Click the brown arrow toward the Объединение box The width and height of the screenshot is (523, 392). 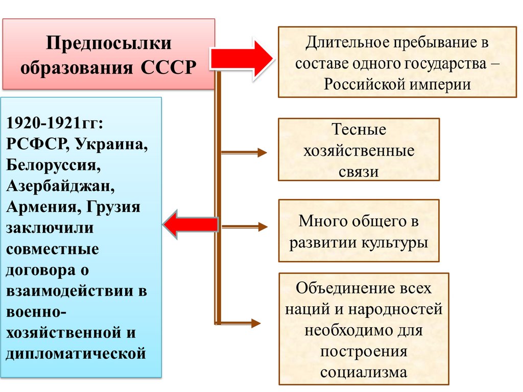(240, 323)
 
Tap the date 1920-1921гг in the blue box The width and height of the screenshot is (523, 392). (55, 122)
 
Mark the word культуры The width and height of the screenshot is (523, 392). (395, 242)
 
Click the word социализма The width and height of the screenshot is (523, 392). (364, 372)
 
